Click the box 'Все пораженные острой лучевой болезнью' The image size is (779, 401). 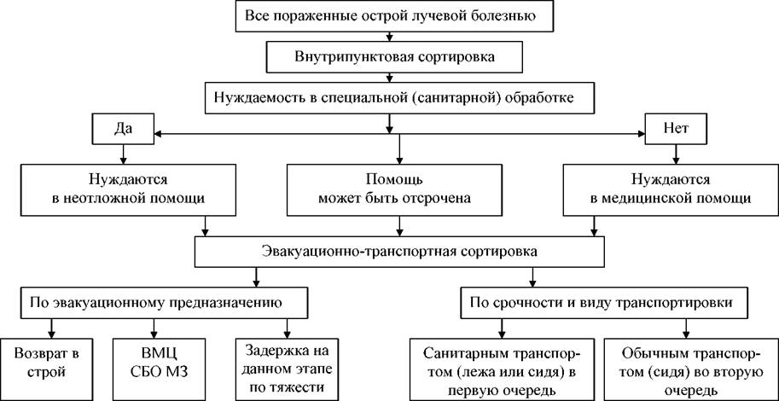click(x=390, y=16)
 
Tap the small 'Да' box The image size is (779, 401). click(x=122, y=130)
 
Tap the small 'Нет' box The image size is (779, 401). click(x=674, y=130)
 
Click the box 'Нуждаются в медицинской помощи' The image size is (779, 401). click(x=671, y=189)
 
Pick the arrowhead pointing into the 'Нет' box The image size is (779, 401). click(x=641, y=133)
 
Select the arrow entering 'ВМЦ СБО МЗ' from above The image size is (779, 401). click(x=154, y=328)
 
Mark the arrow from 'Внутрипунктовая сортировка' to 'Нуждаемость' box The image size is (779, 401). click(x=390, y=77)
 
